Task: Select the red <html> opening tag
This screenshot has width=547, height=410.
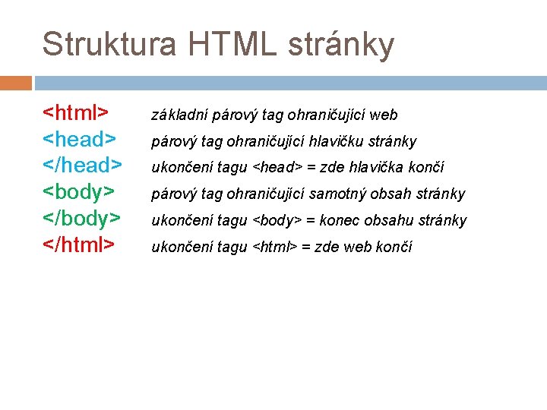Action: (x=74, y=113)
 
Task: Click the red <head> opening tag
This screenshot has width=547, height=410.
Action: (x=79, y=140)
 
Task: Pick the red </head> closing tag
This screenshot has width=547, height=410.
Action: (x=82, y=166)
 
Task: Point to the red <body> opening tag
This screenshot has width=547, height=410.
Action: (x=79, y=192)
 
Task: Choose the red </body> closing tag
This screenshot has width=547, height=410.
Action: (x=82, y=219)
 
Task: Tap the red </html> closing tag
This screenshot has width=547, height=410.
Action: (x=78, y=244)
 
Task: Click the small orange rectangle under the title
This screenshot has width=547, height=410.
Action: (x=16, y=83)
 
